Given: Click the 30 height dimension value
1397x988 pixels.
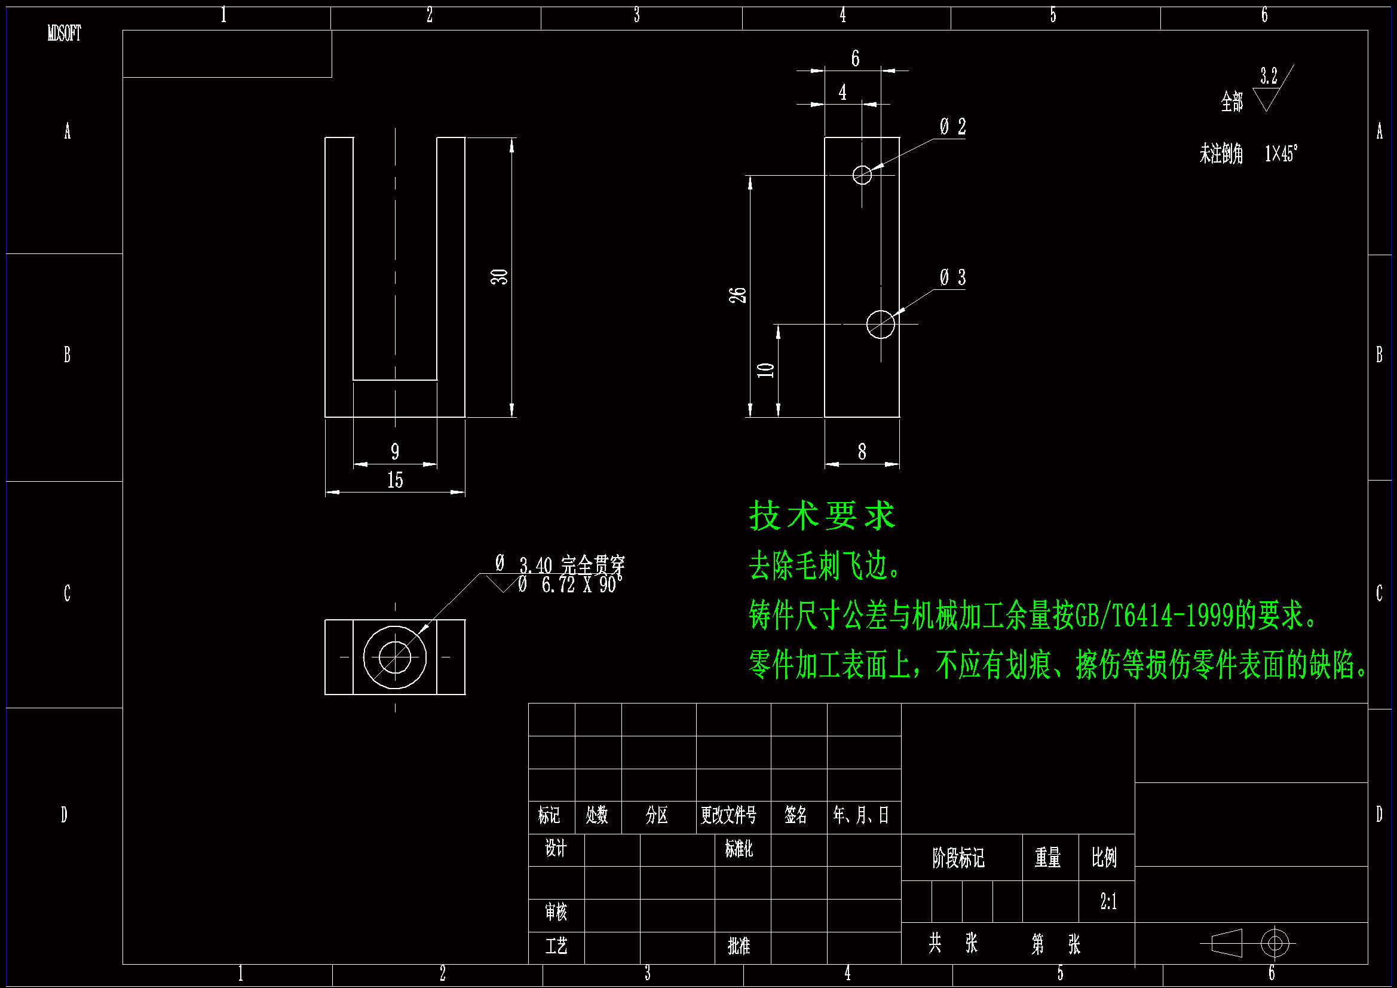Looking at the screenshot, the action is [500, 277].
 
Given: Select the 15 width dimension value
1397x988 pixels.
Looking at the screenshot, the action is [395, 481].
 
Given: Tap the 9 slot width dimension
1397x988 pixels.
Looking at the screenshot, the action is [395, 452].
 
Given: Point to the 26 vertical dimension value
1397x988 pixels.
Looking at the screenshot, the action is [737, 295].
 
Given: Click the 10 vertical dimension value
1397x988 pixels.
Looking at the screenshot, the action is [765, 369].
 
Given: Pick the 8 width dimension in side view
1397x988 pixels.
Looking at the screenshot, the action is [862, 452].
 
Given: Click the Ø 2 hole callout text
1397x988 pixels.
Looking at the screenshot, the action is [952, 127].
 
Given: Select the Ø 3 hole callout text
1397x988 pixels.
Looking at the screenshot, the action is [952, 277].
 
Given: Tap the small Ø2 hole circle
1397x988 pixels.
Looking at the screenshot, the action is [862, 175].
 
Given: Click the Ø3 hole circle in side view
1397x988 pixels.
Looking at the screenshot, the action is [880, 324].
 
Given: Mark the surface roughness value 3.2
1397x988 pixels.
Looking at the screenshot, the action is [1269, 76].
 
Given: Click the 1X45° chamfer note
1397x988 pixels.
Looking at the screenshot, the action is [1281, 154].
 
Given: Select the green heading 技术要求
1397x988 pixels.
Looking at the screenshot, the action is [822, 516].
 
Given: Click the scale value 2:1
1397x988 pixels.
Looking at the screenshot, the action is [1108, 901].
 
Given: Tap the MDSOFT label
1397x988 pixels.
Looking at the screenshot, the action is [65, 33].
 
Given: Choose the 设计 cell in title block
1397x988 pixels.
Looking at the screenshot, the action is [556, 848].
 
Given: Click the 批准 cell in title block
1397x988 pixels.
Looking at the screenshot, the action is [739, 946].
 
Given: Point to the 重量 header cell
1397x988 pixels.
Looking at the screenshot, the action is [1048, 858].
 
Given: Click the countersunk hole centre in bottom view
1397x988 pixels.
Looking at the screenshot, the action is [395, 657].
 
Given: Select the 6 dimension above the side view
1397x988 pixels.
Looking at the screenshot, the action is [855, 59].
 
